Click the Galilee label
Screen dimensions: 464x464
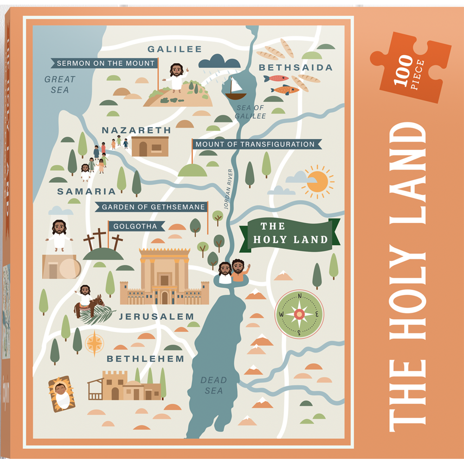[x=174, y=49]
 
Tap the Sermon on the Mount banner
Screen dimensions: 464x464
[x=105, y=63]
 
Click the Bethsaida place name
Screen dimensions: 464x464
[x=296, y=68]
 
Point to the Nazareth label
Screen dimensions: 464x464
[x=136, y=130]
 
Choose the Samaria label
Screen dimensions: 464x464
[x=86, y=191]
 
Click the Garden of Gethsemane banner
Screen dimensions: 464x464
[x=153, y=207]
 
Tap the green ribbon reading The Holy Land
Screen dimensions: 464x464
[x=290, y=233]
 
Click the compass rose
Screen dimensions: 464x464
[x=299, y=314]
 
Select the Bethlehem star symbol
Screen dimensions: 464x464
[x=94, y=343]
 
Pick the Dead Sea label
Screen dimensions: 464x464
[x=213, y=385]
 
